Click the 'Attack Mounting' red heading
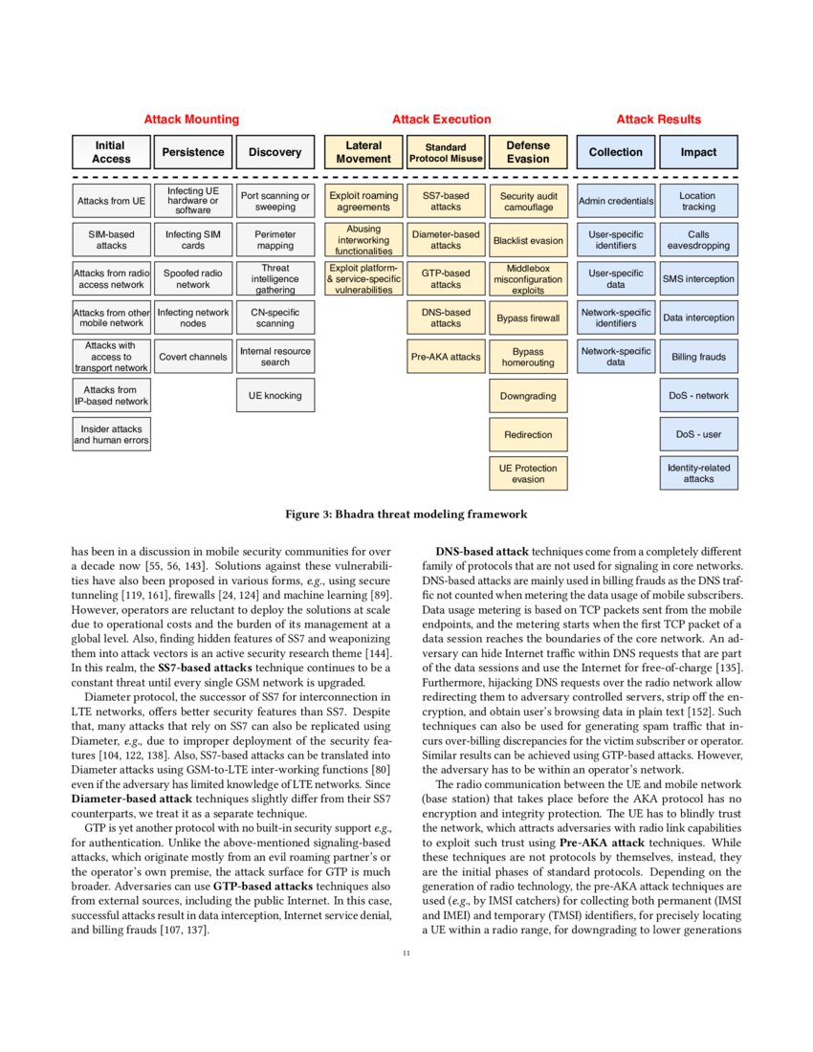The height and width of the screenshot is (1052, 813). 191,120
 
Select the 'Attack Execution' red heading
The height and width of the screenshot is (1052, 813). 441,120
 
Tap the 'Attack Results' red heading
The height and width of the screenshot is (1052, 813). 658,120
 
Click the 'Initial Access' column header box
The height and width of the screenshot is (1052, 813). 111,152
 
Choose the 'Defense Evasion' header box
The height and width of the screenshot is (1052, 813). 528,152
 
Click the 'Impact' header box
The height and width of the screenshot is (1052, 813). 698,152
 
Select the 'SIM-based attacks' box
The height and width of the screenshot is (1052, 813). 111,240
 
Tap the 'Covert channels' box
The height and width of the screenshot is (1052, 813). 193,357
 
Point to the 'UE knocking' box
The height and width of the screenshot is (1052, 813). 275,395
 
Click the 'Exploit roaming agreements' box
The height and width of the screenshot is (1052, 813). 363,201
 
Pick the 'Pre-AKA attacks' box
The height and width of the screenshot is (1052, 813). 446,357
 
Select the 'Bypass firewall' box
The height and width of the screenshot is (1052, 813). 528,318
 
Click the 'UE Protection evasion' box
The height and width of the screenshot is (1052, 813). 528,473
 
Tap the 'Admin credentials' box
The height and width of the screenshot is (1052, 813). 616,201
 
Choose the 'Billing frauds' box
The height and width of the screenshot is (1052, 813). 698,357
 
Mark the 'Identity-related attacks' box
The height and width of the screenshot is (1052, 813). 698,473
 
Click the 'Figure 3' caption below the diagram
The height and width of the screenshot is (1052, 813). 406,515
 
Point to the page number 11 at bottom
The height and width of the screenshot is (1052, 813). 406,953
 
